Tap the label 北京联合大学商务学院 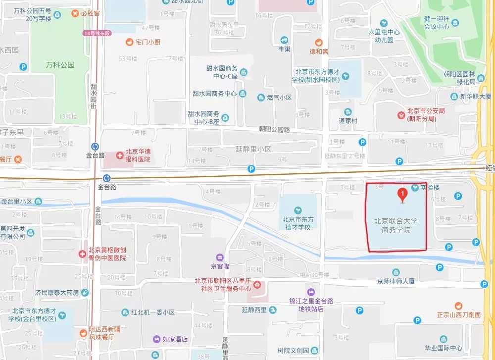tap(396, 225)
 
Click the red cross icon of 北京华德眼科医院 tap(120, 155)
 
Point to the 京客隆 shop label tap(220, 266)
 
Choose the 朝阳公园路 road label tap(274, 129)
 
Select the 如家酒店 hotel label tap(175, 339)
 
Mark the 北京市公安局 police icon tap(401, 115)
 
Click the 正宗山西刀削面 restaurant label tap(458, 314)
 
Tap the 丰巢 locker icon tap(285, 40)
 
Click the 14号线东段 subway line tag tap(97, 33)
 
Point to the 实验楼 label tap(430, 188)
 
